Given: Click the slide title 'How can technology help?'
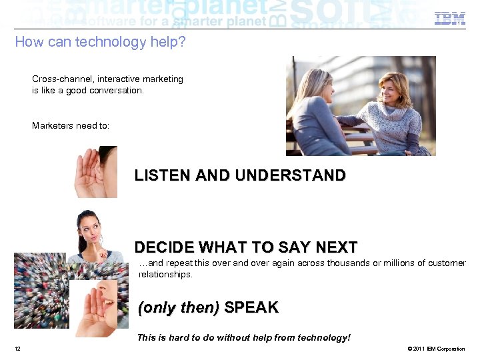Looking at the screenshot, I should [x=100, y=42].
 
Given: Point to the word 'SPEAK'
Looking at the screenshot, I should [x=251, y=308].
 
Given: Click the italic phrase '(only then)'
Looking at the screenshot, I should [x=178, y=308].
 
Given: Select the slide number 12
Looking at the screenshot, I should [x=17, y=349].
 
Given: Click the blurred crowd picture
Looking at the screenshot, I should [x=40, y=293].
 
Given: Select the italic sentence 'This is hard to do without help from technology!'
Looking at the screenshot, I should [x=243, y=337].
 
